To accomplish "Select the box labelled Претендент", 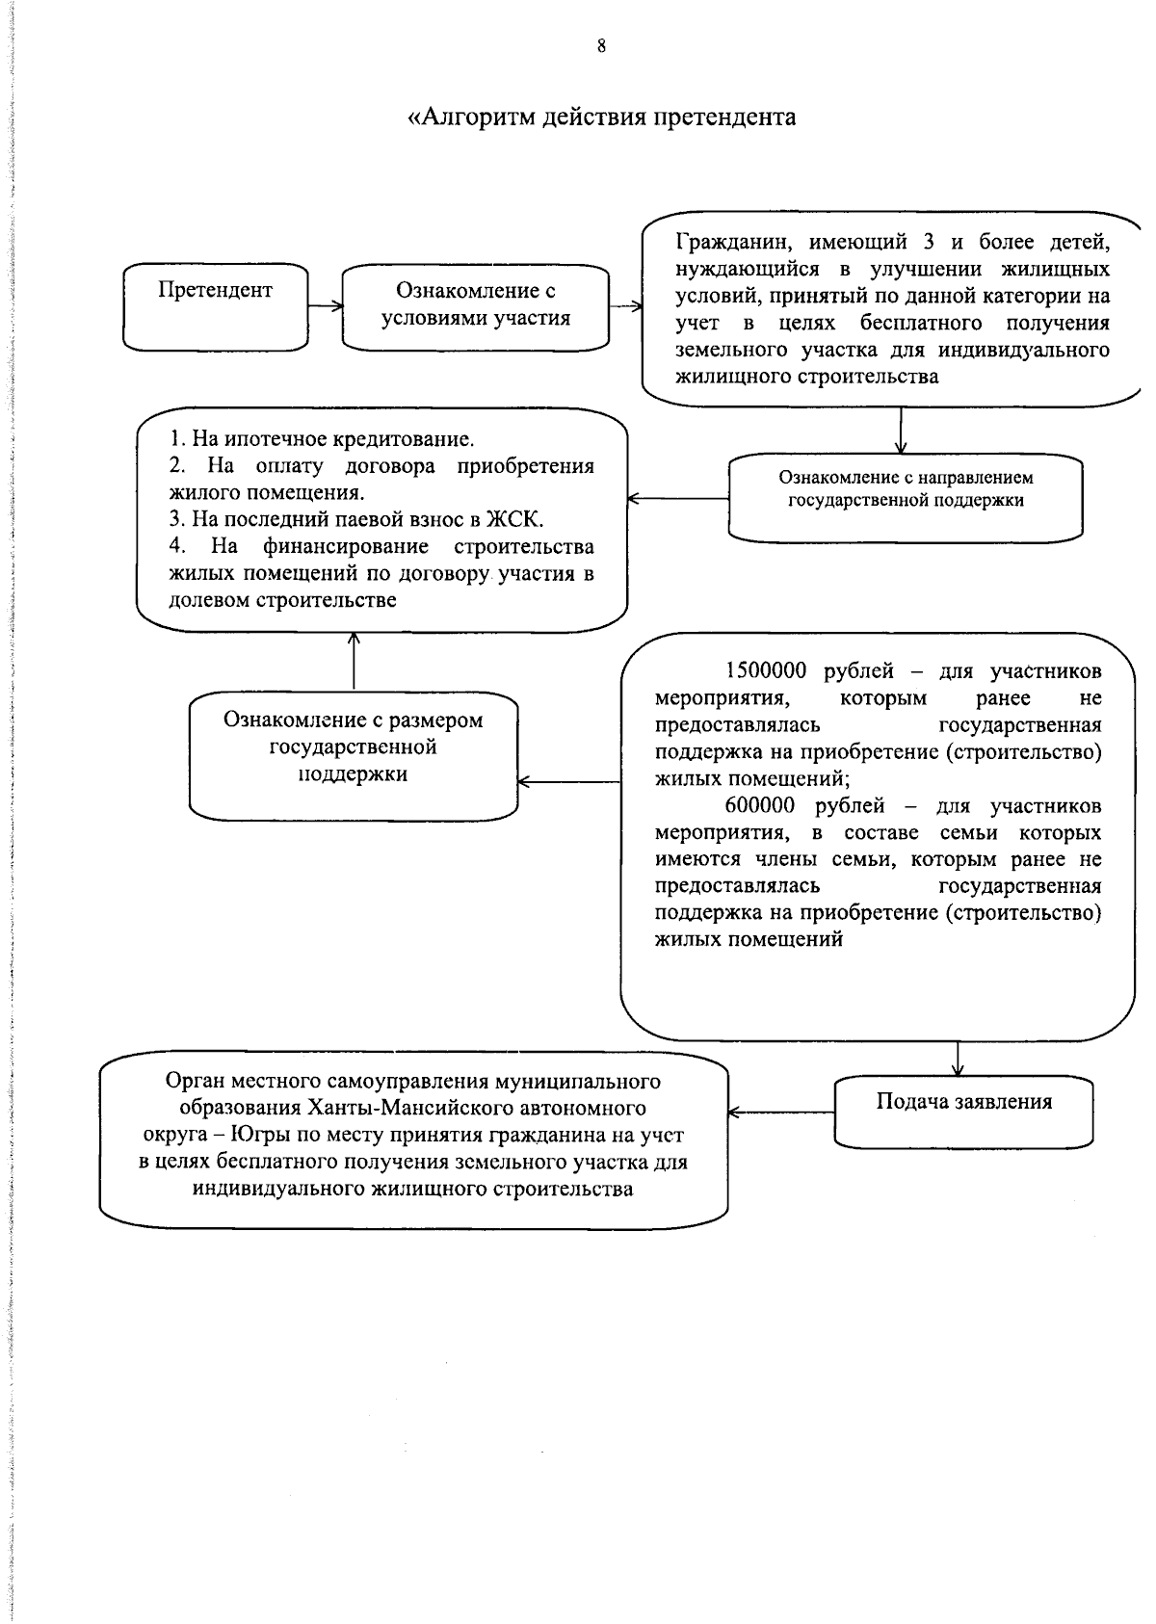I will click(216, 306).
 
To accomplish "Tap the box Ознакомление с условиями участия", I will click(476, 306).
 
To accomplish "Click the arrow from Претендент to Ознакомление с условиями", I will click(326, 306).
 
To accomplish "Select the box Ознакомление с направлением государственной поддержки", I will click(906, 499).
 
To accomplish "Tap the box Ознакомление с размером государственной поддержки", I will click(354, 755).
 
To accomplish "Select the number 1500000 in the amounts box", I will click(766, 670).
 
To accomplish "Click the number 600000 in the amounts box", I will click(760, 805).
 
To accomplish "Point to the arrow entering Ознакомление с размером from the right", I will click(568, 782).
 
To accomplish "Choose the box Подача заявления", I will click(963, 1112).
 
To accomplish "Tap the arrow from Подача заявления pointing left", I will click(780, 1113).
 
